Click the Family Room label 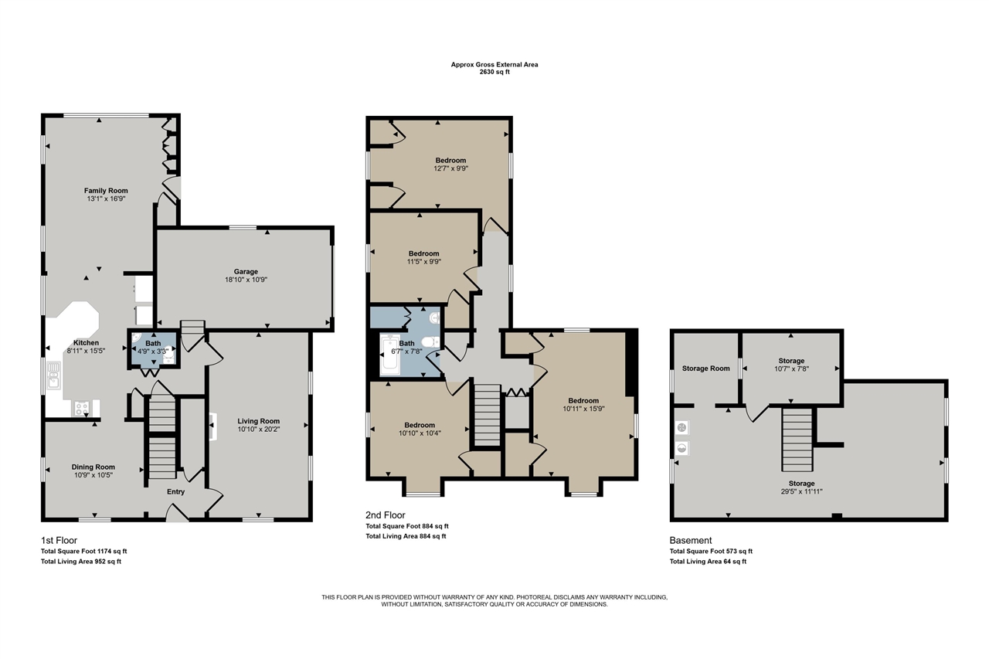[106, 191]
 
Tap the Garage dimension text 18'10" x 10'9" [246, 280]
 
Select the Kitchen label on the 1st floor [86, 342]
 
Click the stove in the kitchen [82, 408]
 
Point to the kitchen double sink [54, 375]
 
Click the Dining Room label [93, 467]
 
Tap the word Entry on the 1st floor [175, 491]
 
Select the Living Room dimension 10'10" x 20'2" [259, 429]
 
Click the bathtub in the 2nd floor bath [390, 355]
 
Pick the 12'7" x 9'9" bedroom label [450, 168]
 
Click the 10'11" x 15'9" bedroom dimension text [583, 409]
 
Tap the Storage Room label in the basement [706, 369]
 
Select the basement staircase [797, 440]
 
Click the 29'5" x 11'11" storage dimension [802, 491]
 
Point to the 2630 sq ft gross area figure [494, 72]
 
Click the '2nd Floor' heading [386, 515]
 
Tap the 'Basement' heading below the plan [691, 540]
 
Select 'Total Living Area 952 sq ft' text [81, 562]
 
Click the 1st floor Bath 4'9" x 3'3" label [153, 348]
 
